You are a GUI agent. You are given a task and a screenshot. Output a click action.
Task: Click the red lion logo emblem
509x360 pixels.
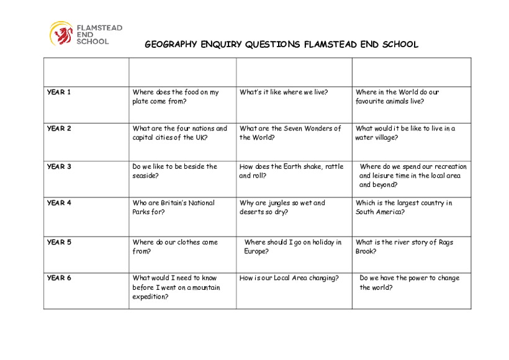[61, 34]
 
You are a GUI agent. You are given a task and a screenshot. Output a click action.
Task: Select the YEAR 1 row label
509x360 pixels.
[59, 92]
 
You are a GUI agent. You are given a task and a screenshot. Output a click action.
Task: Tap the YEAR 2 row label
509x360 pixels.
[59, 129]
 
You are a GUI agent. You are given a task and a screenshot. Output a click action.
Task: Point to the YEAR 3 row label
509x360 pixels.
[59, 166]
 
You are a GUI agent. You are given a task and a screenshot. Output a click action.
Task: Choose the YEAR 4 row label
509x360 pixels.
[59, 203]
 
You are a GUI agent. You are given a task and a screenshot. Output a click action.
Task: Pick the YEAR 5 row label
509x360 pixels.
[59, 242]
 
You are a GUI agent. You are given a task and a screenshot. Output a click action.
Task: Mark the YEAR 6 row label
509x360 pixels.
[59, 278]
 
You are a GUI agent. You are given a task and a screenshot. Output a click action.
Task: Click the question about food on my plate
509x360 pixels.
[175, 97]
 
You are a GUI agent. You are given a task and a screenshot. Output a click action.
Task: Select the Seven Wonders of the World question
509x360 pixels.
[290, 133]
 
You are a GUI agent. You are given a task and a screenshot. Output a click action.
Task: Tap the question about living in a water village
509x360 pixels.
[405, 133]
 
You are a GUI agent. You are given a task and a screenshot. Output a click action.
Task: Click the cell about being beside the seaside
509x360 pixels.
[174, 171]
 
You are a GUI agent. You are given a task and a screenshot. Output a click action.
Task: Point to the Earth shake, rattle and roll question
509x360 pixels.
[291, 171]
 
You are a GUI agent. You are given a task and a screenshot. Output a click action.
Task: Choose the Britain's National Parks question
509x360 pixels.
[173, 207]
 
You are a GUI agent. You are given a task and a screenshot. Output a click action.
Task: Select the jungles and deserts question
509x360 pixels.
[282, 207]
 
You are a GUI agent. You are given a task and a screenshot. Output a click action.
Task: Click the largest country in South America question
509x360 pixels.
[403, 207]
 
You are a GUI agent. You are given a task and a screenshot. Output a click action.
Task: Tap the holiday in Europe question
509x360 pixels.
[292, 246]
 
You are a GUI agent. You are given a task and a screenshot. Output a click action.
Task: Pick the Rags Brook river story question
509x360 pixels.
[404, 246]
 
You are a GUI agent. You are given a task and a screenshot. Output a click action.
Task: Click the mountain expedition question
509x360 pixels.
[176, 287]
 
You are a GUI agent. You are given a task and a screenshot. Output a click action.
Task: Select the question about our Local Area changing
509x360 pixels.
[289, 278]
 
